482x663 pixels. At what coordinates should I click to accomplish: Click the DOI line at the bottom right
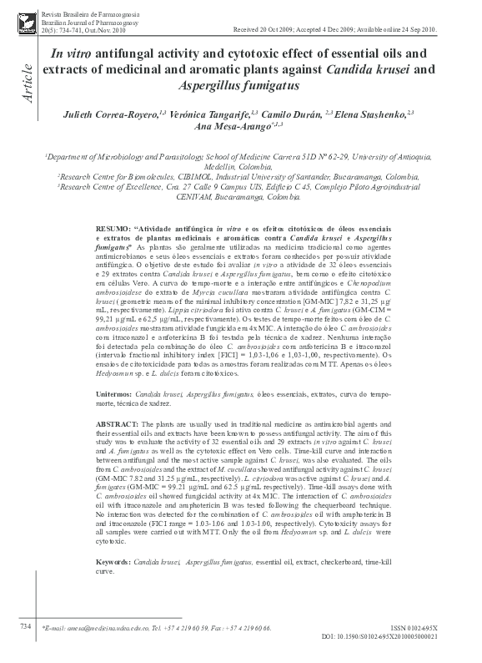coord(413,635)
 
